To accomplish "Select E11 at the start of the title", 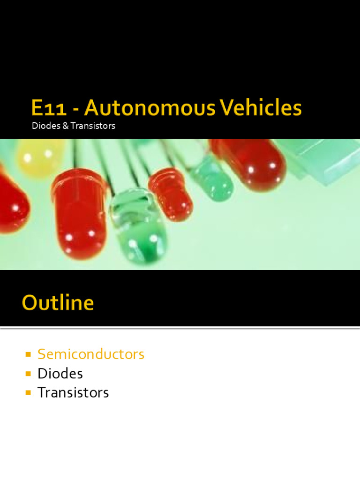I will click(x=47, y=108).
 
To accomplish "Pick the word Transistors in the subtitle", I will click(x=92, y=126).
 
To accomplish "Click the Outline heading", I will click(x=58, y=303).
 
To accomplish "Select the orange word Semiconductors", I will click(x=91, y=354).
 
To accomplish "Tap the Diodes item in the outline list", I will click(x=60, y=374).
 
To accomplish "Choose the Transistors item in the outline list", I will click(x=73, y=392).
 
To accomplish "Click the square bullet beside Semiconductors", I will click(x=28, y=354).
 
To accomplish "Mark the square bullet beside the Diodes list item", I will click(x=28, y=374).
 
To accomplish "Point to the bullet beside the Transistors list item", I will click(x=28, y=392).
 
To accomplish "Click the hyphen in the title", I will click(x=75, y=110).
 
